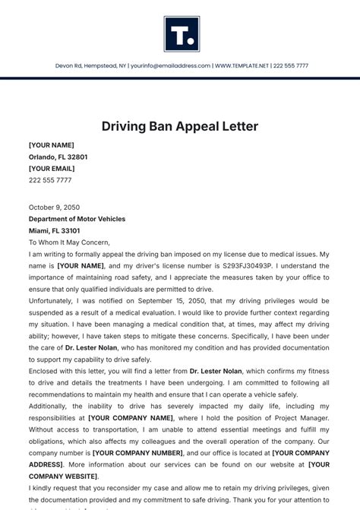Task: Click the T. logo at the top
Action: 181,34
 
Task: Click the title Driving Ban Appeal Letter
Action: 180,126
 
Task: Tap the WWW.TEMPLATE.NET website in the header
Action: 242,66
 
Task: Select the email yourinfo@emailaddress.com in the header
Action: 169,66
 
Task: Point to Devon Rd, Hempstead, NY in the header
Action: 89,66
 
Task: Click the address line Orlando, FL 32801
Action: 58,157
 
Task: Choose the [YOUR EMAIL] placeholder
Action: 52,169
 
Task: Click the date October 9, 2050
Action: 54,207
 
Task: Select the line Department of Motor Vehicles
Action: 77,219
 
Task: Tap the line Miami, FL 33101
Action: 54,230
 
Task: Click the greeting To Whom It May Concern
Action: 69,242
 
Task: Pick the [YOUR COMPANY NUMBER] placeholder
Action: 135,453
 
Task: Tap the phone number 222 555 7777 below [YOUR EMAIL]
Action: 50,180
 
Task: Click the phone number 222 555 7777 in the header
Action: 291,66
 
